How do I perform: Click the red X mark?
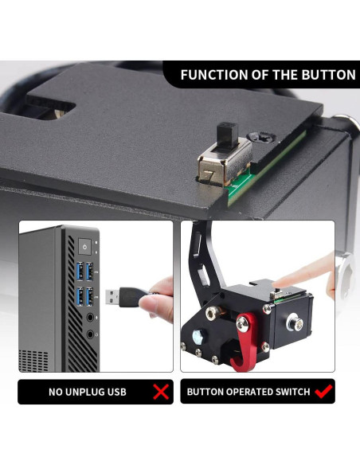162,392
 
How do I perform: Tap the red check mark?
323,392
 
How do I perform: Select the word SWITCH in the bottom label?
288,393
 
